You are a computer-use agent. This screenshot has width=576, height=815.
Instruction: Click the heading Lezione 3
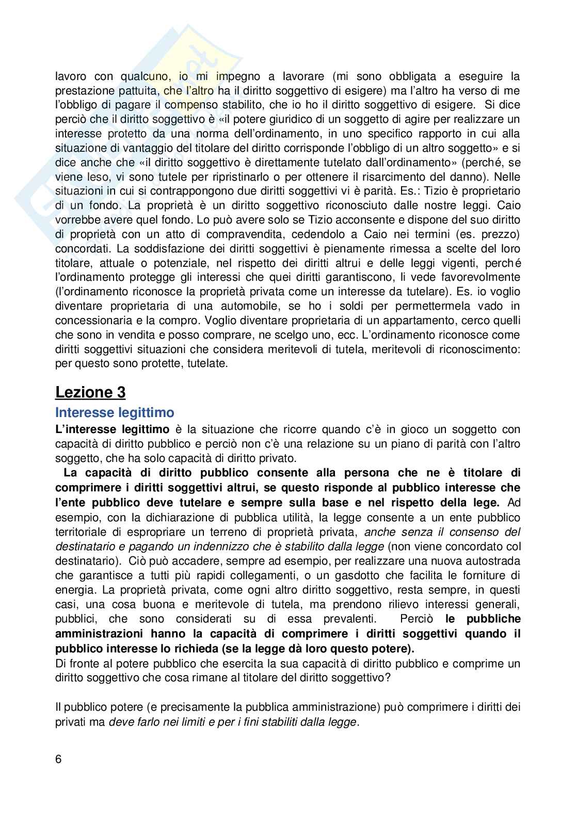[x=90, y=392]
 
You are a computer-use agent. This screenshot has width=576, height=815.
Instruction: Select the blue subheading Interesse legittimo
[x=115, y=413]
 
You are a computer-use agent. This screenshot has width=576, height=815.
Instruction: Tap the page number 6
[x=58, y=759]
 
